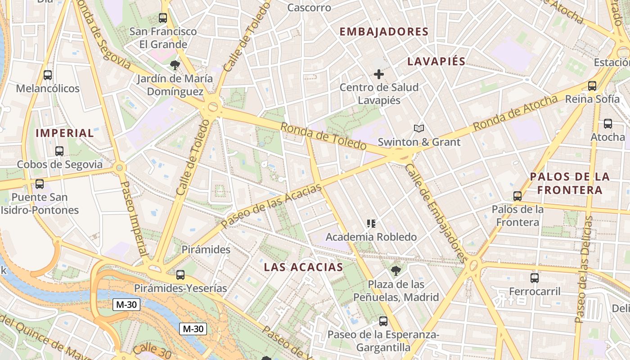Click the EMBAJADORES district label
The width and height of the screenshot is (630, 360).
384,31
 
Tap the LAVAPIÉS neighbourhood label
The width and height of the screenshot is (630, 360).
436,62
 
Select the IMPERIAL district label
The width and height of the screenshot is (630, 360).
65,133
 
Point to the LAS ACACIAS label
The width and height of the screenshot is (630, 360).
303,267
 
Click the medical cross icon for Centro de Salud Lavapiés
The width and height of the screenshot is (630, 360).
379,74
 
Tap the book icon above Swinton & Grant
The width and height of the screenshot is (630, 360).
419,129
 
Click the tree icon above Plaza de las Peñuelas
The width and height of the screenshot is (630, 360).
396,270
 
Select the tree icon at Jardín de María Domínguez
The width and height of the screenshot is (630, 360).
175,65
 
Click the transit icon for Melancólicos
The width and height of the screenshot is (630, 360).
48,75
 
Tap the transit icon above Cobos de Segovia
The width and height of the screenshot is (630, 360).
59,151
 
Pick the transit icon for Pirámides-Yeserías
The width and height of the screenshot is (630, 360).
180,274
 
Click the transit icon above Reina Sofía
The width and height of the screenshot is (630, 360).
592,85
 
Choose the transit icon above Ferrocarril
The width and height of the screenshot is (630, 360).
535,278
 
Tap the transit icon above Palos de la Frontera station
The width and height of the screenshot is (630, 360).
517,196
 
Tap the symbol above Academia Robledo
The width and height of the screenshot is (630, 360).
371,223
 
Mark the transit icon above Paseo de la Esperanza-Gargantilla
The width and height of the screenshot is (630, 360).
383,321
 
